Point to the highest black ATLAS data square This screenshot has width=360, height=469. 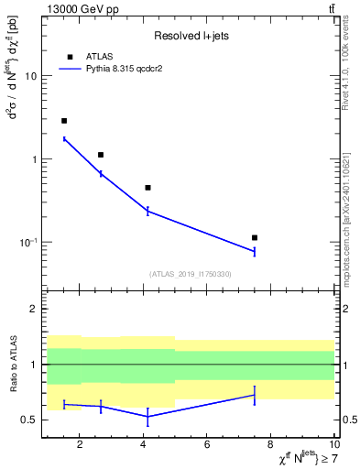64,121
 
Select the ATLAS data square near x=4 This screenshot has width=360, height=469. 147,188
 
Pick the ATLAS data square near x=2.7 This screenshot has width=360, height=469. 101,155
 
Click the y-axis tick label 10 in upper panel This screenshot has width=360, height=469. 30,76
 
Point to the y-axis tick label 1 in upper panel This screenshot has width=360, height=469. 33,159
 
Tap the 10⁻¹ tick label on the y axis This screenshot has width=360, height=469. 27,242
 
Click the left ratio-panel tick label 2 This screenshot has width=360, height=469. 33,309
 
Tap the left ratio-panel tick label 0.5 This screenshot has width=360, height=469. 28,420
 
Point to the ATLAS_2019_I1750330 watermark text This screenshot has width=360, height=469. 190,273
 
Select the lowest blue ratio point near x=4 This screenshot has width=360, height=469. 147,416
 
